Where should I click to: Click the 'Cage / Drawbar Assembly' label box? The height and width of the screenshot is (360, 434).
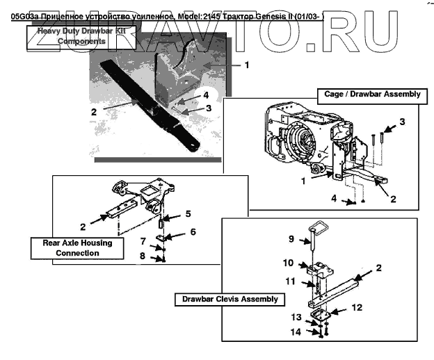tap(372, 94)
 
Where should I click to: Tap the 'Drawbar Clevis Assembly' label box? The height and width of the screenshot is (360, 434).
tap(229, 299)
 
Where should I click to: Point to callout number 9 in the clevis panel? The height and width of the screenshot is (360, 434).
tap(293, 240)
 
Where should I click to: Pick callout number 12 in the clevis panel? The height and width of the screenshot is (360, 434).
tap(355, 306)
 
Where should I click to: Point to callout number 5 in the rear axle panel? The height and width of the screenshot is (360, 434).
tap(187, 213)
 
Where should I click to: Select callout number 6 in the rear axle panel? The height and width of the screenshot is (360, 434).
tap(193, 231)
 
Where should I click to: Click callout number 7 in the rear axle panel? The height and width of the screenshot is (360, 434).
tap(143, 242)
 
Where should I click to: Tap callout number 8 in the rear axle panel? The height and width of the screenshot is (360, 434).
tap(143, 256)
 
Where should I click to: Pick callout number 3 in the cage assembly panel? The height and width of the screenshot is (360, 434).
tap(401, 122)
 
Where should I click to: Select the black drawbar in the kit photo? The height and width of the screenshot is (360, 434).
tap(146, 104)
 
